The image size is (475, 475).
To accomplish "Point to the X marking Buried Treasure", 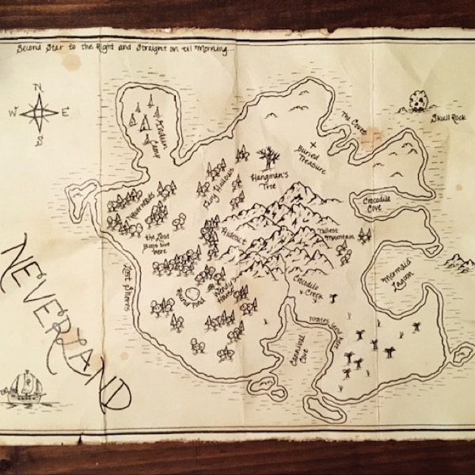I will pos(313,145).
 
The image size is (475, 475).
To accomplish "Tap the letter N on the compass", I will pos(37,87).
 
